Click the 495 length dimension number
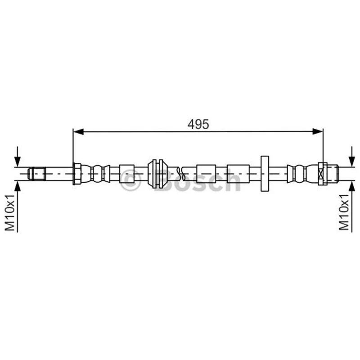click(x=198, y=125)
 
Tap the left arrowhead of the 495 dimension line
click(x=78, y=131)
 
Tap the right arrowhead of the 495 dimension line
click(x=318, y=131)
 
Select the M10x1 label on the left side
click(x=10, y=212)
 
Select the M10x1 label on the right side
click(x=344, y=212)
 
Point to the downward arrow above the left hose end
click(x=18, y=156)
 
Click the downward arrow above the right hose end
click(x=352, y=156)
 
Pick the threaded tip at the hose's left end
click(x=36, y=174)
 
